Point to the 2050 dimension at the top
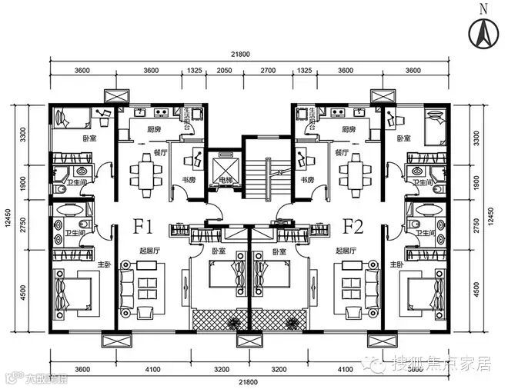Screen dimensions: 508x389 (224, 71)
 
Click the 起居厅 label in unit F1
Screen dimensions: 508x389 (151, 251)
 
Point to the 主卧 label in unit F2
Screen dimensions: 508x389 (396, 264)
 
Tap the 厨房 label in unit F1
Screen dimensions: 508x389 (153, 130)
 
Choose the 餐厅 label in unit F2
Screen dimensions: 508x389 (343, 152)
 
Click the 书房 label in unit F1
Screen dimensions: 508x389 (186, 179)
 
